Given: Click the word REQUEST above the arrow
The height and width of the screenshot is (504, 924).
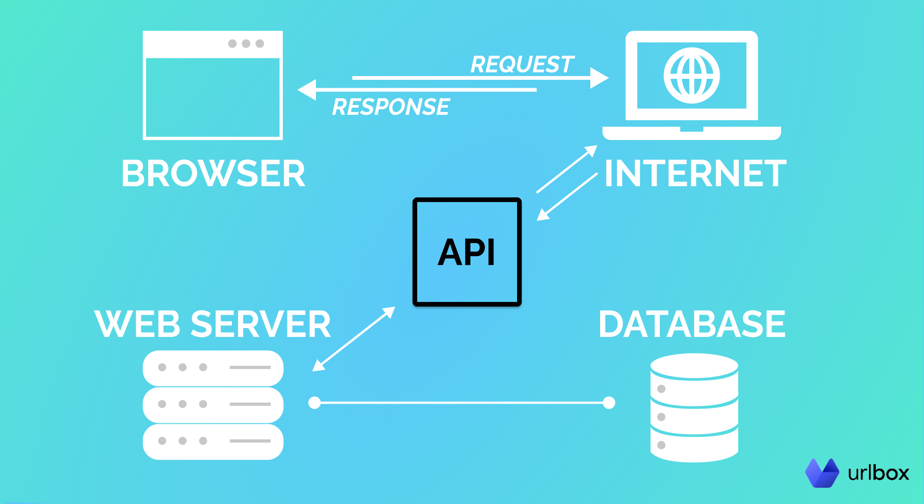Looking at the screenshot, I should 522,64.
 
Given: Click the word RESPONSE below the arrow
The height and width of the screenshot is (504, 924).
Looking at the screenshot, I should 391,107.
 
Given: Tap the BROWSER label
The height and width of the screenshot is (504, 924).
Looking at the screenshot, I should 213,174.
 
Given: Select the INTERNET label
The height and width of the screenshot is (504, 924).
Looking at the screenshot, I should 695,174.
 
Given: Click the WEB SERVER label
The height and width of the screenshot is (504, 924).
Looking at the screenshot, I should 213,324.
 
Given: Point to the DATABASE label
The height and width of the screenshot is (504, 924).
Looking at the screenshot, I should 692,324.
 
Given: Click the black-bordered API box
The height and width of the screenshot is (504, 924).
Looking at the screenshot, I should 467,252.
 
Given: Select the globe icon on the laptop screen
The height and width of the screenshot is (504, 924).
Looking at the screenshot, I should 692,76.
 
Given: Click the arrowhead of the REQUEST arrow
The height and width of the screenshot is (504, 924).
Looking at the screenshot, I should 599,78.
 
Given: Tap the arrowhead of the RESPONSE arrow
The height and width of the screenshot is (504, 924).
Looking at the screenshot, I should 307,90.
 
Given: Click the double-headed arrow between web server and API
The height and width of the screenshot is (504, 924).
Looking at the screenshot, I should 354,339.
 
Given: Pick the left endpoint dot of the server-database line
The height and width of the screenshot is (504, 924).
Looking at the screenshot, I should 315,402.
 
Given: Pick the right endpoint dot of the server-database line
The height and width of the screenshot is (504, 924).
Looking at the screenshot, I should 609,402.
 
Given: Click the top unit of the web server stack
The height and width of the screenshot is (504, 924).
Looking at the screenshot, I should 213,368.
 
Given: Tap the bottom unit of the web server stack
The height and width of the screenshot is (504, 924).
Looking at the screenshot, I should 213,441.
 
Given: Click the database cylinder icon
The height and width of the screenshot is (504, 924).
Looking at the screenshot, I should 694,407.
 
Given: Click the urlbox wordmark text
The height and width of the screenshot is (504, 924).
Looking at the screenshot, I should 878,473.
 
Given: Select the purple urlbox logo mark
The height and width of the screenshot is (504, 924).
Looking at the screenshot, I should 822,473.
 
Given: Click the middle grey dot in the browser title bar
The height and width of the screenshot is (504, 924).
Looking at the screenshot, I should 246,43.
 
